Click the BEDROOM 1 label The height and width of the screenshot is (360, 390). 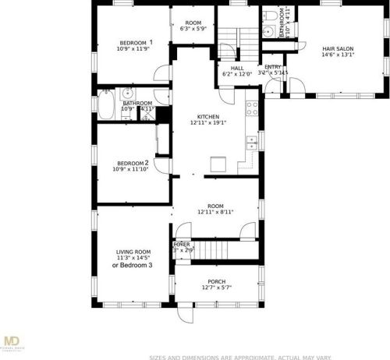(x=135, y=42)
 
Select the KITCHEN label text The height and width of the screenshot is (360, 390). (x=207, y=116)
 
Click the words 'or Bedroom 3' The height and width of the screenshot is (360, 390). (x=133, y=266)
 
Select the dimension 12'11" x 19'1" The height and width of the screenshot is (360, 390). (x=207, y=123)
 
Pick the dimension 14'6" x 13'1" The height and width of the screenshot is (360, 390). (x=339, y=55)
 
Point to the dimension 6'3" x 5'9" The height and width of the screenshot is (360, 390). (x=193, y=29)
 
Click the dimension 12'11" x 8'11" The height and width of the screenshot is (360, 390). (x=215, y=211)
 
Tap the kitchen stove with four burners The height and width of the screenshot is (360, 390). (x=252, y=108)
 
